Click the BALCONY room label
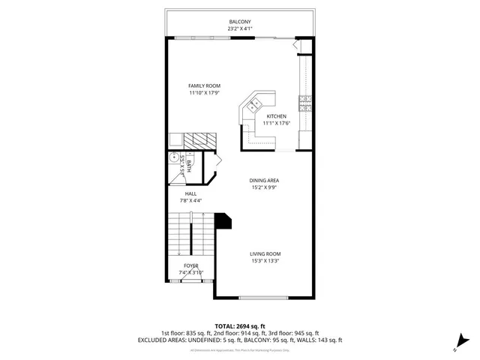(240, 22)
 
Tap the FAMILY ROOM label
(204, 85)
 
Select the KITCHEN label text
(277, 116)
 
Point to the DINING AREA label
(265, 180)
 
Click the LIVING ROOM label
(265, 254)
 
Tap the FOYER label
(191, 265)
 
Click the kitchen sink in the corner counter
(256, 103)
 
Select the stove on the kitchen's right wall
(305, 103)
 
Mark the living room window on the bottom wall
(261, 297)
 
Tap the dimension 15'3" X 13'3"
(265, 262)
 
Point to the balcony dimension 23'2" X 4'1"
(240, 29)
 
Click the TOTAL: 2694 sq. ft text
(240, 326)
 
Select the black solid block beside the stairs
(223, 221)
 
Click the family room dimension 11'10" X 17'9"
(204, 93)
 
